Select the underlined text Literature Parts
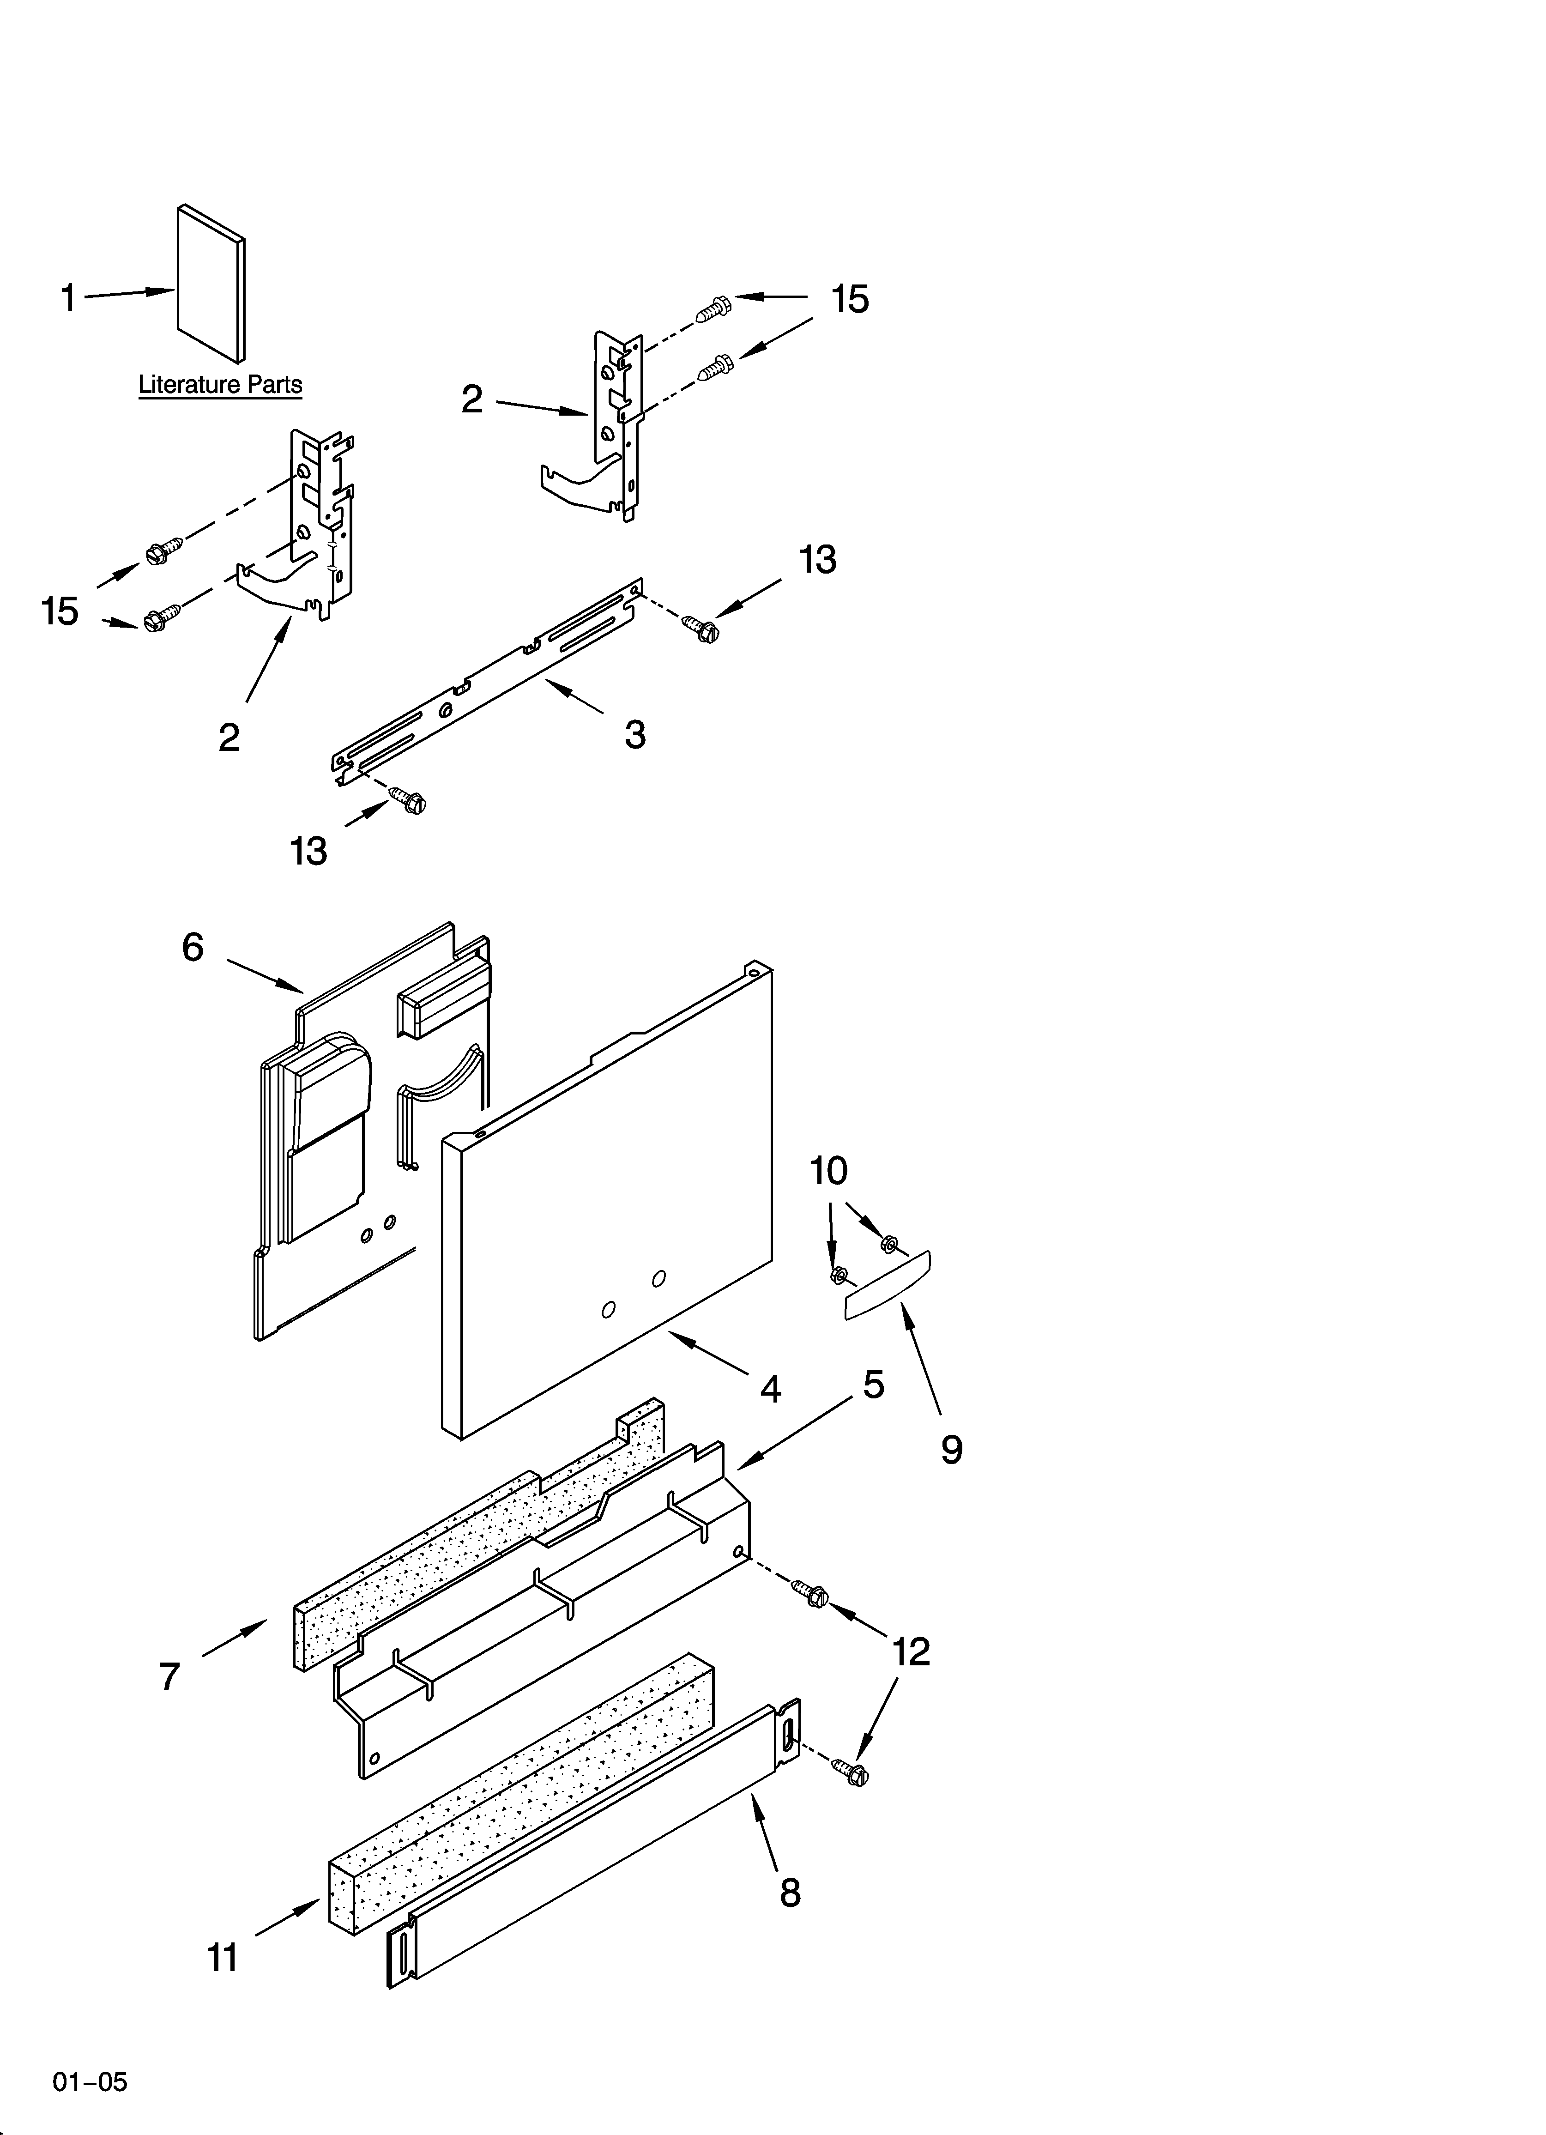[x=220, y=385]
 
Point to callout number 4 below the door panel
[x=770, y=1389]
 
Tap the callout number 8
[x=789, y=1892]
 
